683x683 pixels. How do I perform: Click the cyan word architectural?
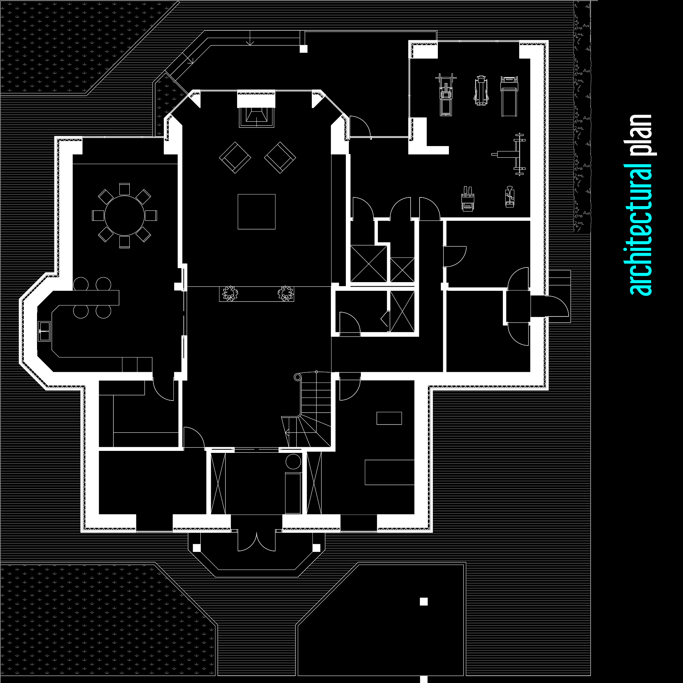[641, 230]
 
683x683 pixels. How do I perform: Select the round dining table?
[124, 215]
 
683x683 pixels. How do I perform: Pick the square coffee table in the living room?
[256, 211]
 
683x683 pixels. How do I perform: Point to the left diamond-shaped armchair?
[235, 157]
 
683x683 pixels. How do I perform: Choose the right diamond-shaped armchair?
[280, 157]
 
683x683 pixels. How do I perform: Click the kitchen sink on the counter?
[44, 331]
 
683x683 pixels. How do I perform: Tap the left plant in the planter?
[230, 293]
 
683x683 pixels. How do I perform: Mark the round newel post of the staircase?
[297, 378]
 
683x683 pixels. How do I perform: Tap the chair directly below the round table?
[124, 242]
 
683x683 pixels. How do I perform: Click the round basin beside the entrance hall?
[293, 462]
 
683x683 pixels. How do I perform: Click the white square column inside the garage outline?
[424, 602]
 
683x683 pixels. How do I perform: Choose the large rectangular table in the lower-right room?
[389, 472]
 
